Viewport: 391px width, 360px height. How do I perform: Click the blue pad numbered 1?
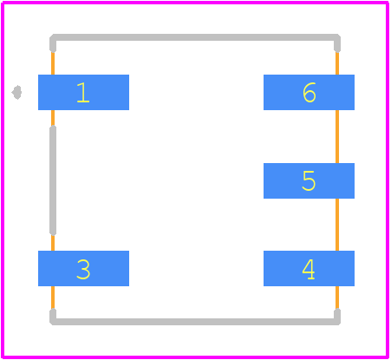(x=83, y=92)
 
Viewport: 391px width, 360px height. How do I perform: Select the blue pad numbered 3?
(x=83, y=268)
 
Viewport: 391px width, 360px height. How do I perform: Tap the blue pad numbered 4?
(x=309, y=268)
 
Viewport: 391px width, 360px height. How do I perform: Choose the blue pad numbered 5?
(x=309, y=180)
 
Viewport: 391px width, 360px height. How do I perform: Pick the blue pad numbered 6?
(x=309, y=92)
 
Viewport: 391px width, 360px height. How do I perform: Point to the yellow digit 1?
(x=83, y=92)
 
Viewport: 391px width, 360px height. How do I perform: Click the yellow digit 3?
(x=83, y=269)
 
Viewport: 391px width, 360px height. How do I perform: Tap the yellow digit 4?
(x=309, y=269)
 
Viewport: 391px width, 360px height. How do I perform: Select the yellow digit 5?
(x=309, y=180)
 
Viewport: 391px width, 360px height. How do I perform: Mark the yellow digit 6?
(x=310, y=92)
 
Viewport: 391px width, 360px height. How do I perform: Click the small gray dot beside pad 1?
(x=16, y=92)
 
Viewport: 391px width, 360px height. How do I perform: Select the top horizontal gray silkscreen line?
(x=195, y=37)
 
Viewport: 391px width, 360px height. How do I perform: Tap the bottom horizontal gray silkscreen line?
(x=195, y=322)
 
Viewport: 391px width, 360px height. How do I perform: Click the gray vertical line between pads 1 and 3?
(x=53, y=180)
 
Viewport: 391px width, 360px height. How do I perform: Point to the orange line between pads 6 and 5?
(x=337, y=136)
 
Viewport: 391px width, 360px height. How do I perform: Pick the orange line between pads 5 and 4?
(x=337, y=225)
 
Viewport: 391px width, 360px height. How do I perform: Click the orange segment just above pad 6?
(x=337, y=63)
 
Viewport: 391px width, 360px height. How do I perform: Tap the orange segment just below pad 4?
(x=337, y=298)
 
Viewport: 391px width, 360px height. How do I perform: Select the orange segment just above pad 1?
(x=53, y=63)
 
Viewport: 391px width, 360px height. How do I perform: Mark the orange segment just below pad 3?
(x=53, y=298)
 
